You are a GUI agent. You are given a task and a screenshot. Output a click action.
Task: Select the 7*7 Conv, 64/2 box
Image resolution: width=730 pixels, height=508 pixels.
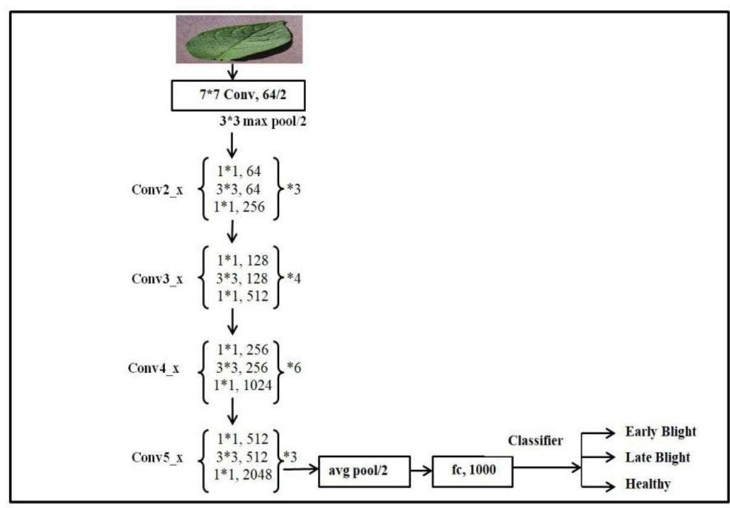(232, 96)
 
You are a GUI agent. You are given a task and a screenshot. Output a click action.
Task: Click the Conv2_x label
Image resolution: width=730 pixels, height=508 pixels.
(156, 190)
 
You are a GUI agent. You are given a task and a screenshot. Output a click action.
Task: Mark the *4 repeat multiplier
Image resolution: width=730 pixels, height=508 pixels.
(294, 279)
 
